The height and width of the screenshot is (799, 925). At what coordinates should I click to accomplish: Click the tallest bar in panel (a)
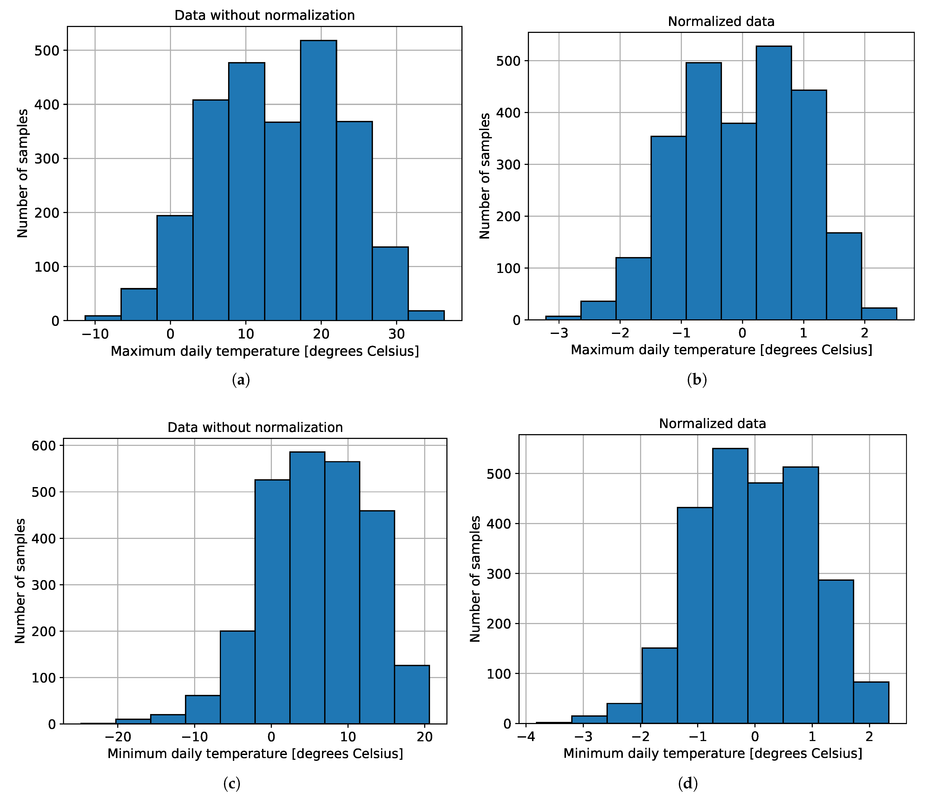(x=318, y=179)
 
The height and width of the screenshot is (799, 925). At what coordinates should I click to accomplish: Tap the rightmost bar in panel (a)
(x=426, y=316)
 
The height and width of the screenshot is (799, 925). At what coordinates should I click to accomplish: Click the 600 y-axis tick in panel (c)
(x=43, y=446)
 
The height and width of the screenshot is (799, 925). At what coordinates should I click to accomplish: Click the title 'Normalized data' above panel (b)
(x=721, y=21)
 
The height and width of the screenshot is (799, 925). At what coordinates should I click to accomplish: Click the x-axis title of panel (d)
(x=713, y=753)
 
